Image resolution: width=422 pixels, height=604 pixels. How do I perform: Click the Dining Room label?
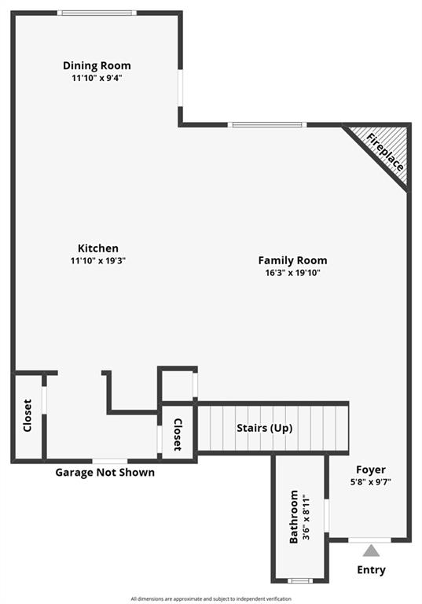[97, 65]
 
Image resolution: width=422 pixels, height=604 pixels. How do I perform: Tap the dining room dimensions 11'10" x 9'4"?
[97, 78]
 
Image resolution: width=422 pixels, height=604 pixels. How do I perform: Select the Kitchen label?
[98, 248]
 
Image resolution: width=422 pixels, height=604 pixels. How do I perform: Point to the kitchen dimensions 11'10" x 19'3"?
[98, 260]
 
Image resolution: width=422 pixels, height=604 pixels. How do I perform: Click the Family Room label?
[292, 260]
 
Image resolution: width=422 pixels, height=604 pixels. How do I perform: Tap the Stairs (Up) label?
[265, 428]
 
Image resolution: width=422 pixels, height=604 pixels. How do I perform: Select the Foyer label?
[371, 470]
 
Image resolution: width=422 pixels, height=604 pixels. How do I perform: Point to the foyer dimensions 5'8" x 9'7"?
[371, 482]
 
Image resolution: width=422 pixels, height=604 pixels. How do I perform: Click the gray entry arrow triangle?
[371, 551]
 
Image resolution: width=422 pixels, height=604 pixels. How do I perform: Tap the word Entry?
[371, 569]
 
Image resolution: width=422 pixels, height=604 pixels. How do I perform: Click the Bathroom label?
[294, 517]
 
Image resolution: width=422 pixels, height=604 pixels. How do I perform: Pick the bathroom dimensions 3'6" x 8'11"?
[306, 517]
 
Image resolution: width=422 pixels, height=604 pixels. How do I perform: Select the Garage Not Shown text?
[105, 472]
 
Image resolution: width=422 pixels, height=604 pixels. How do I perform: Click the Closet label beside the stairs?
[178, 434]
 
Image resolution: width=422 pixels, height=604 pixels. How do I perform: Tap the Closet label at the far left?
[28, 415]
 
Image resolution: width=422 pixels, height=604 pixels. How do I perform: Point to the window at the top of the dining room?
[97, 13]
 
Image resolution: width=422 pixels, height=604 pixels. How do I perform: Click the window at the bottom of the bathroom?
[300, 580]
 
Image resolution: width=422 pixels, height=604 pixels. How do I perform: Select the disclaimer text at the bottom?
[211, 598]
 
